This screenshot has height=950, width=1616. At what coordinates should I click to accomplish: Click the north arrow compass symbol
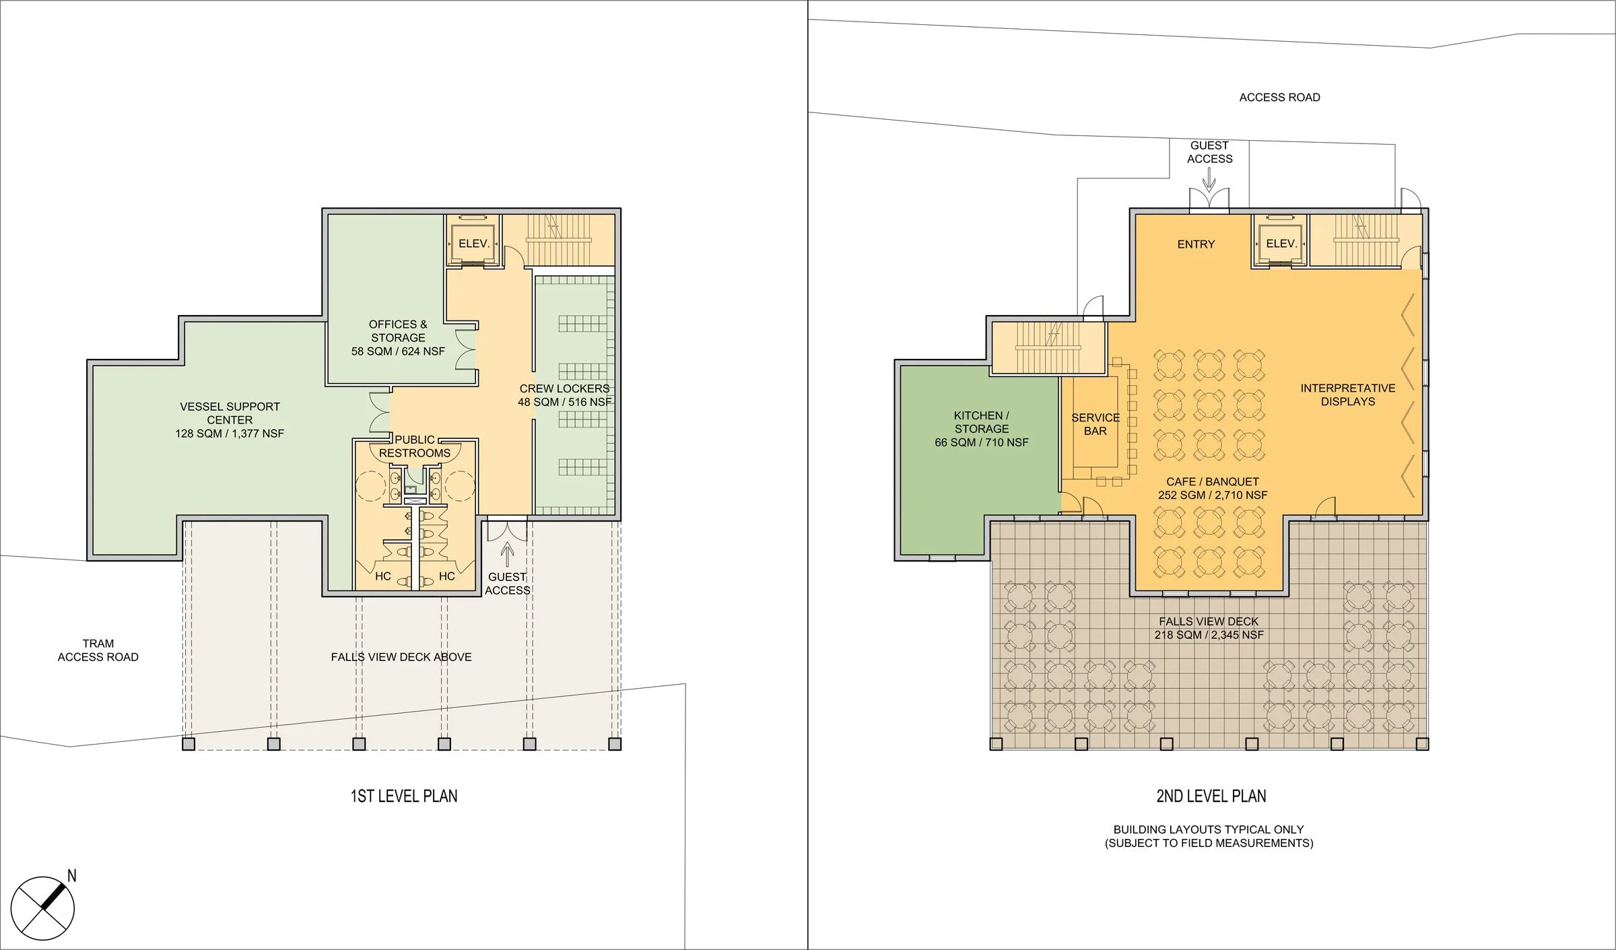pos(42,908)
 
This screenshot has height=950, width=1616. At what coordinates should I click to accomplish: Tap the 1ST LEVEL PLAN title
pos(404,796)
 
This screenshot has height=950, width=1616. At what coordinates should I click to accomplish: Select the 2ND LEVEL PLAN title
pos(1211,796)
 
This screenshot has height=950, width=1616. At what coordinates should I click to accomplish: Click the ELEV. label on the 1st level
pos(474,244)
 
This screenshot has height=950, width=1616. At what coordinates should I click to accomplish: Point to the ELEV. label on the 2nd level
pos(1281,244)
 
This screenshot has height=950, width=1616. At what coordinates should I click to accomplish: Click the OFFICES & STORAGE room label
pos(398,337)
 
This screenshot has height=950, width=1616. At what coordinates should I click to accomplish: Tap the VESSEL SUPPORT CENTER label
pos(230,419)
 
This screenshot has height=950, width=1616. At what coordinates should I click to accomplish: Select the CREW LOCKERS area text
pos(564,395)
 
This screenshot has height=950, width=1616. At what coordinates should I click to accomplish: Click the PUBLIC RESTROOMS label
pos(415,446)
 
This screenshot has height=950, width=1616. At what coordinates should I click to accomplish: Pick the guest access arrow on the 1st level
pos(508,555)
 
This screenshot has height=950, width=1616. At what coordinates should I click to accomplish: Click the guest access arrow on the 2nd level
pos(1209,179)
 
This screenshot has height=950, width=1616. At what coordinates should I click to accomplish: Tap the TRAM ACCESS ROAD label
pos(98,650)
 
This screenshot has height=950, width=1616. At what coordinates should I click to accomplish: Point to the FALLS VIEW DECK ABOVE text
pos(401,656)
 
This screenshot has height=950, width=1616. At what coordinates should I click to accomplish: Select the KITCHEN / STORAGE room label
pos(981,428)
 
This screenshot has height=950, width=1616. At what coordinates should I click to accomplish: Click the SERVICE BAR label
pos(1096,424)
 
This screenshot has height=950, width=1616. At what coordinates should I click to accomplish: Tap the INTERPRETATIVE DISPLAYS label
pos(1347,395)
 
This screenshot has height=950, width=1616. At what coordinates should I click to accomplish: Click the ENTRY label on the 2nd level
pos(1196,244)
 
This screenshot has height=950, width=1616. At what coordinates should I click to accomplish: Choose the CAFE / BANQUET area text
pos(1212,488)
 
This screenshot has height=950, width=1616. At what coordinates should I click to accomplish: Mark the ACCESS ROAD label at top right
pos(1279,98)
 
